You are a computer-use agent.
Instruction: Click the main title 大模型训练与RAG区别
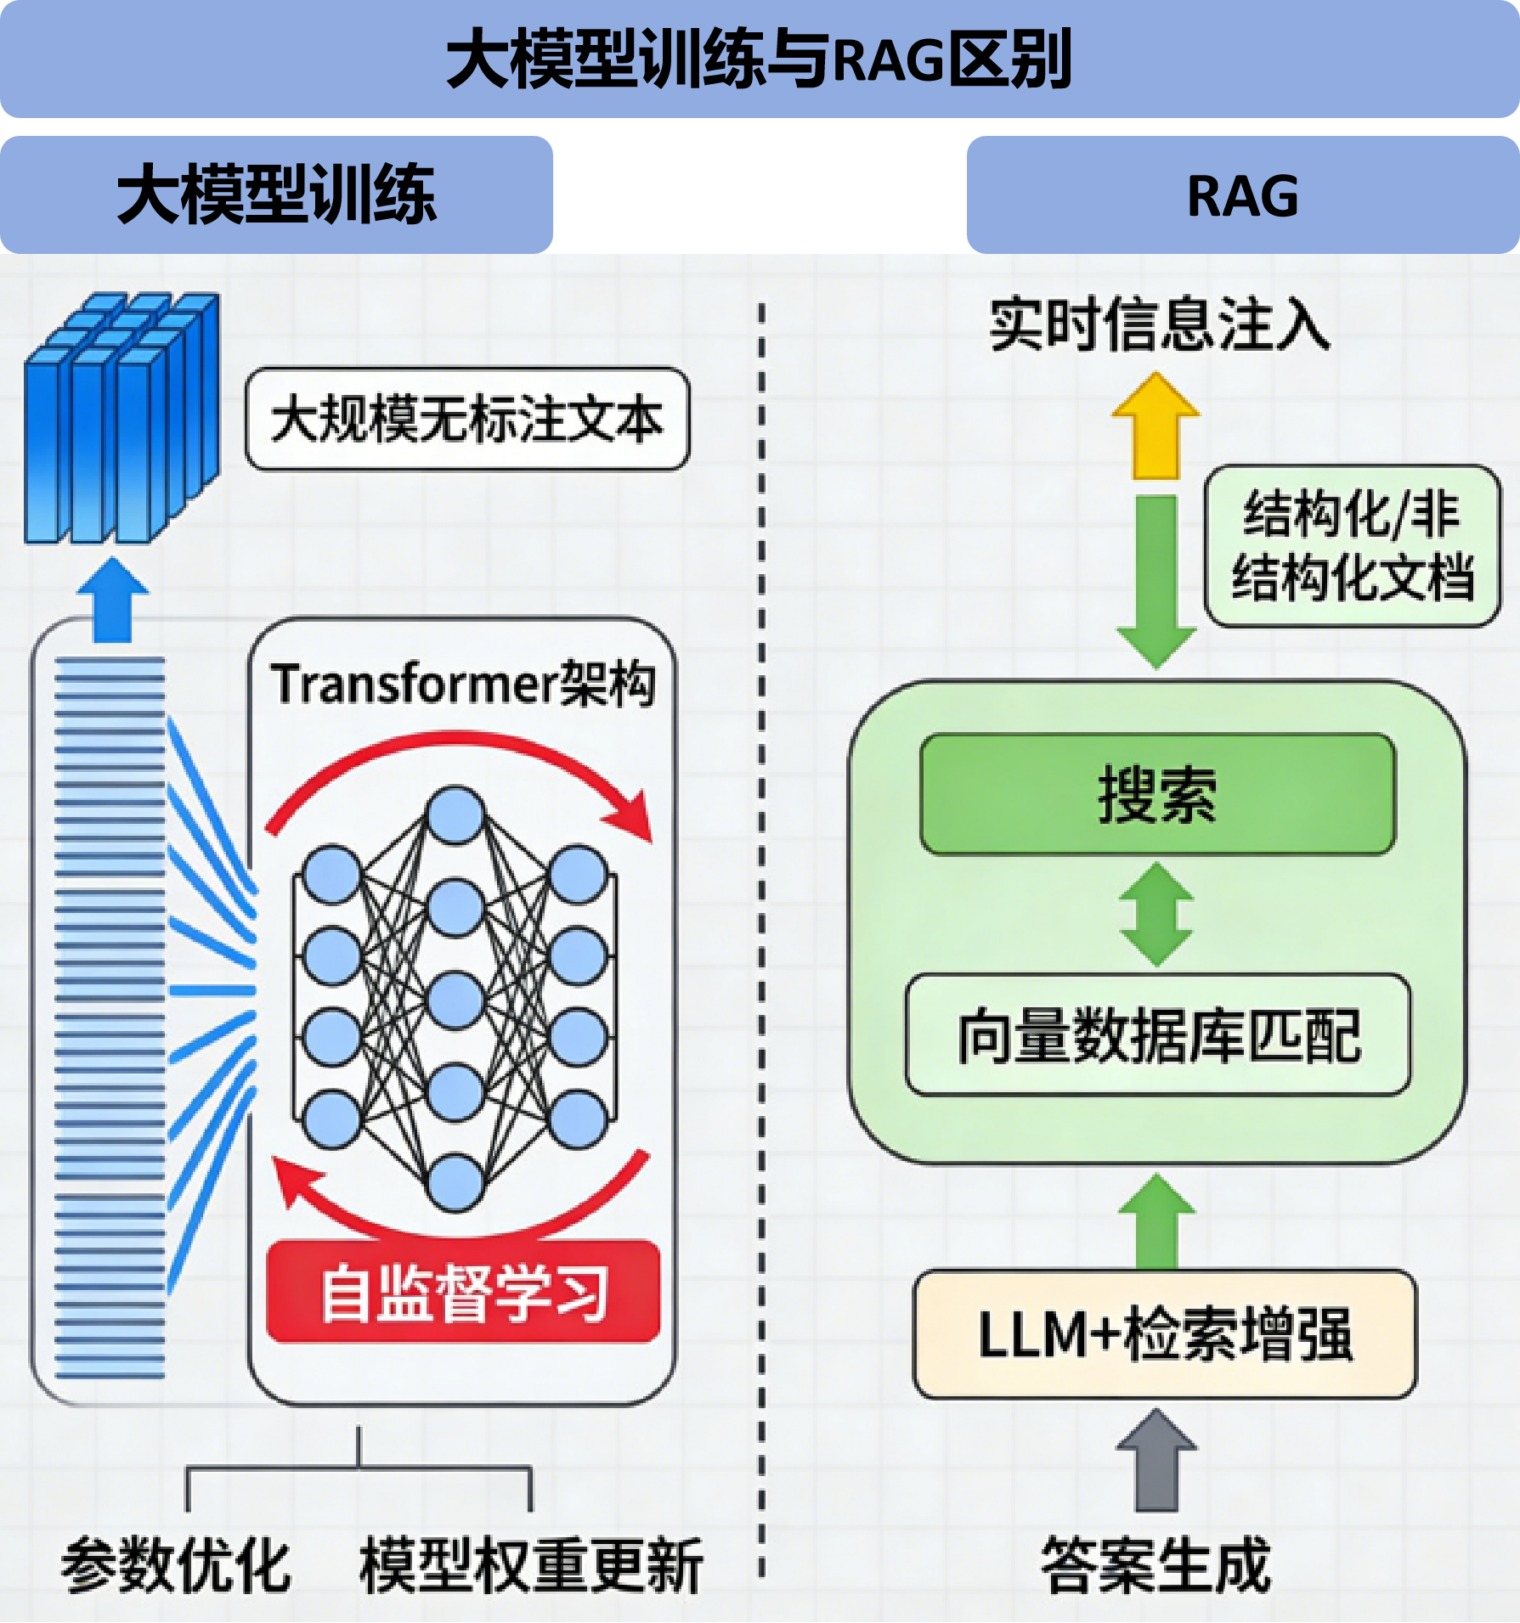click(x=759, y=59)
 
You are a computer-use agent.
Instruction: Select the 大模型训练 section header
click(x=277, y=195)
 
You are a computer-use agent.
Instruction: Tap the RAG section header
click(x=1242, y=195)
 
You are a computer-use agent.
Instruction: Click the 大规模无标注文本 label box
click(x=467, y=419)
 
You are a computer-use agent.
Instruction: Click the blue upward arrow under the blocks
click(x=112, y=599)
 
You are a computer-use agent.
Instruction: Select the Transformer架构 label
click(x=463, y=684)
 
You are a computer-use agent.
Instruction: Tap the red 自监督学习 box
click(x=464, y=1292)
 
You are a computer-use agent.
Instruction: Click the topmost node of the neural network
click(x=455, y=815)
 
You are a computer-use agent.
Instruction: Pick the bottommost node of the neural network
click(x=455, y=1182)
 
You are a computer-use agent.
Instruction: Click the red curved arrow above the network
click(x=459, y=760)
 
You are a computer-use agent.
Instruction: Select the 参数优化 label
click(x=177, y=1564)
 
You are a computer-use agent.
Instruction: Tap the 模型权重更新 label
click(x=532, y=1564)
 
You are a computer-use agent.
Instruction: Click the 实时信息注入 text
click(x=1159, y=324)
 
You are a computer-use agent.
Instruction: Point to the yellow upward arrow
click(x=1156, y=429)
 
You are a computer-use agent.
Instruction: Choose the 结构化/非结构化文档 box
click(x=1352, y=546)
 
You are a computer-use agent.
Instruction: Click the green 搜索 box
click(x=1157, y=794)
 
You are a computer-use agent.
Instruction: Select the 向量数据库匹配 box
click(x=1158, y=1035)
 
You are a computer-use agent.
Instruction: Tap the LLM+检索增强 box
click(x=1165, y=1334)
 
